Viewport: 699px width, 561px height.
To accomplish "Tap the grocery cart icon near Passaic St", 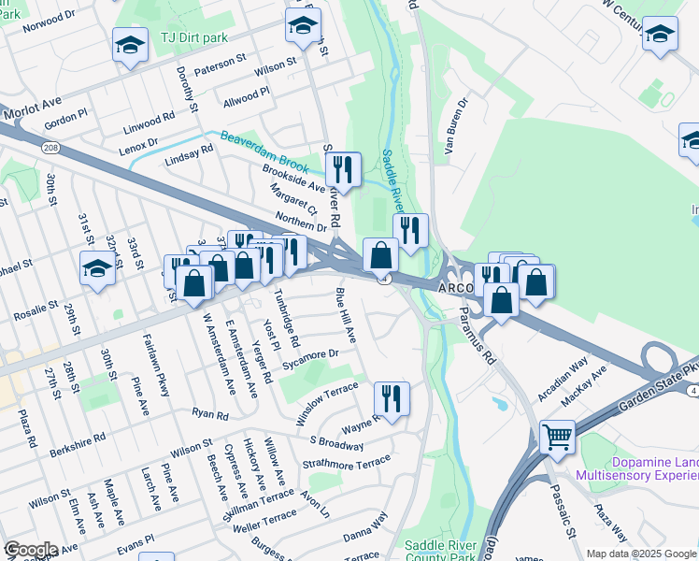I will point(558,436).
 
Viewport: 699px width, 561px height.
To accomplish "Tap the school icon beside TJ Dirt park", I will point(130,44).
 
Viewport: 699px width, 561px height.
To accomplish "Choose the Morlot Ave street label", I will point(31,110).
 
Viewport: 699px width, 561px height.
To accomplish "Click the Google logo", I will point(31,550).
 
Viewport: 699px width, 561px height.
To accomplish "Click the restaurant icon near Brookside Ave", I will point(343,169).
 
